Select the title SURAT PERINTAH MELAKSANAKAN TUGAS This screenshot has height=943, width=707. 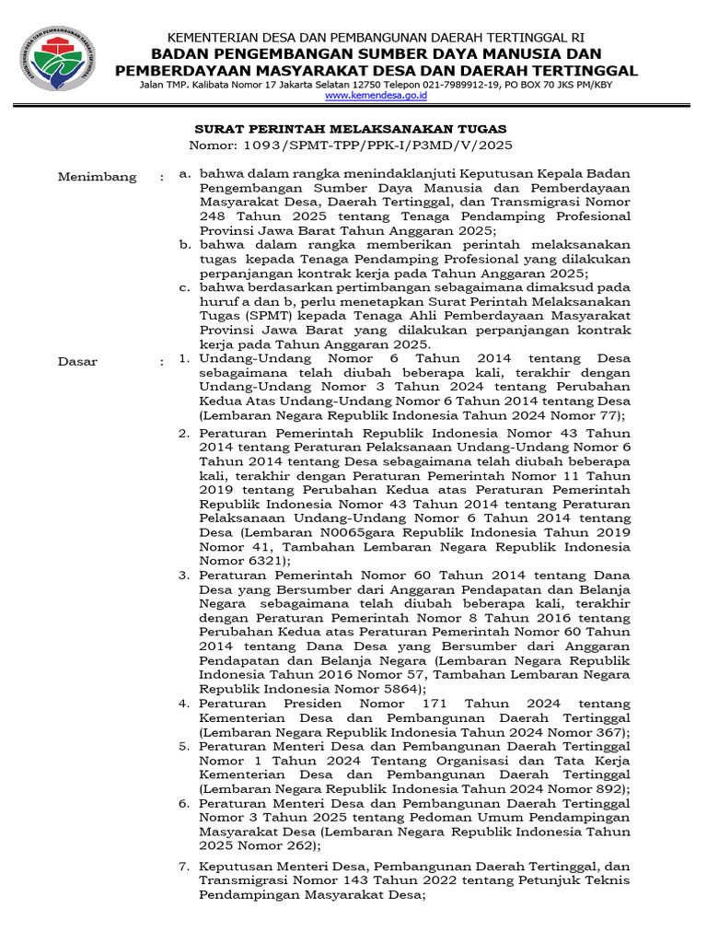click(349, 129)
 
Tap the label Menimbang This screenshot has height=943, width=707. click(97, 177)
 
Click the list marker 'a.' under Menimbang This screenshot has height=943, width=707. click(185, 172)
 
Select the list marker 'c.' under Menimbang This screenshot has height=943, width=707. click(185, 287)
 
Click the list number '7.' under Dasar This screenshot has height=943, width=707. click(183, 866)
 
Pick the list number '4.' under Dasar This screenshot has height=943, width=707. click(183, 704)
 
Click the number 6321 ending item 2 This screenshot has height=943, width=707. click(262, 559)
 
